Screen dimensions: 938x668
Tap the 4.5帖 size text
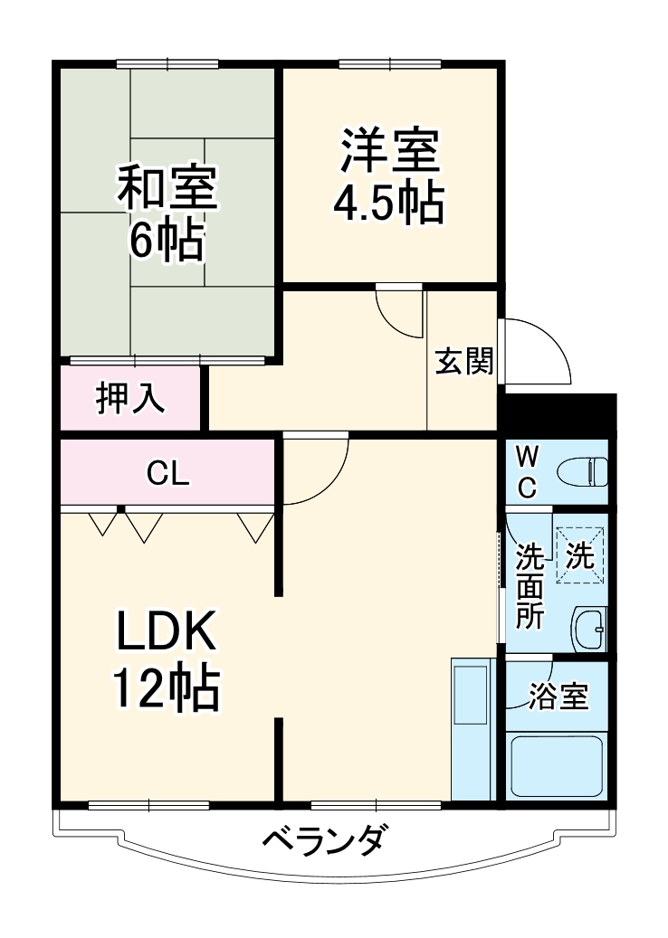tap(389, 204)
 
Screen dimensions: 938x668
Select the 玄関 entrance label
tap(464, 362)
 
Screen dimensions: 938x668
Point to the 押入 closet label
tap(131, 399)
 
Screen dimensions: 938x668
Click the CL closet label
tap(168, 473)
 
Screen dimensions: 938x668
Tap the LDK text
tap(166, 633)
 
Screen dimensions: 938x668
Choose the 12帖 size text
tap(166, 691)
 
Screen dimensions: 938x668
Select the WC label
tap(526, 472)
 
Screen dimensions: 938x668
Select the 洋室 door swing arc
tap(398, 312)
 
